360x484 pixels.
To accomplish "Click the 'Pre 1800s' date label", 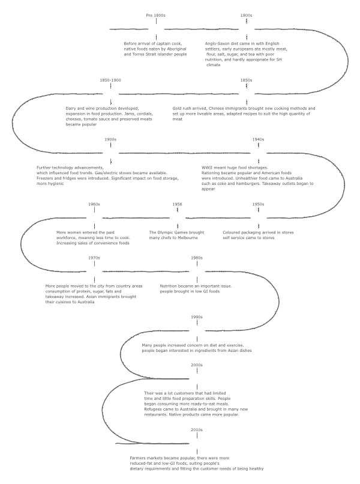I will (156, 14).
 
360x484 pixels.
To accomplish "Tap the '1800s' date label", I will (246, 14).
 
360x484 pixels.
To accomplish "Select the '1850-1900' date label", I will (110, 80).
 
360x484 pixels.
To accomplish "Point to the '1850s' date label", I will (246, 80).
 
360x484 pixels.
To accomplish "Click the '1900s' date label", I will (110, 139).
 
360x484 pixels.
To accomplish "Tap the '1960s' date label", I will (94, 204).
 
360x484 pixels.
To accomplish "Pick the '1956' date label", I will (178, 204).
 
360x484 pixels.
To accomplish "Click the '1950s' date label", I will (258, 204).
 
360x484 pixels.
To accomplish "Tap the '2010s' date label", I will (196, 430).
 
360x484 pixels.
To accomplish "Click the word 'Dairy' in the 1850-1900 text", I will (72, 108).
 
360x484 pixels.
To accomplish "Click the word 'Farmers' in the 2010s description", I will (139, 458).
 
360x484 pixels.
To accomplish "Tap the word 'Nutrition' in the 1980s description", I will (170, 286).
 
